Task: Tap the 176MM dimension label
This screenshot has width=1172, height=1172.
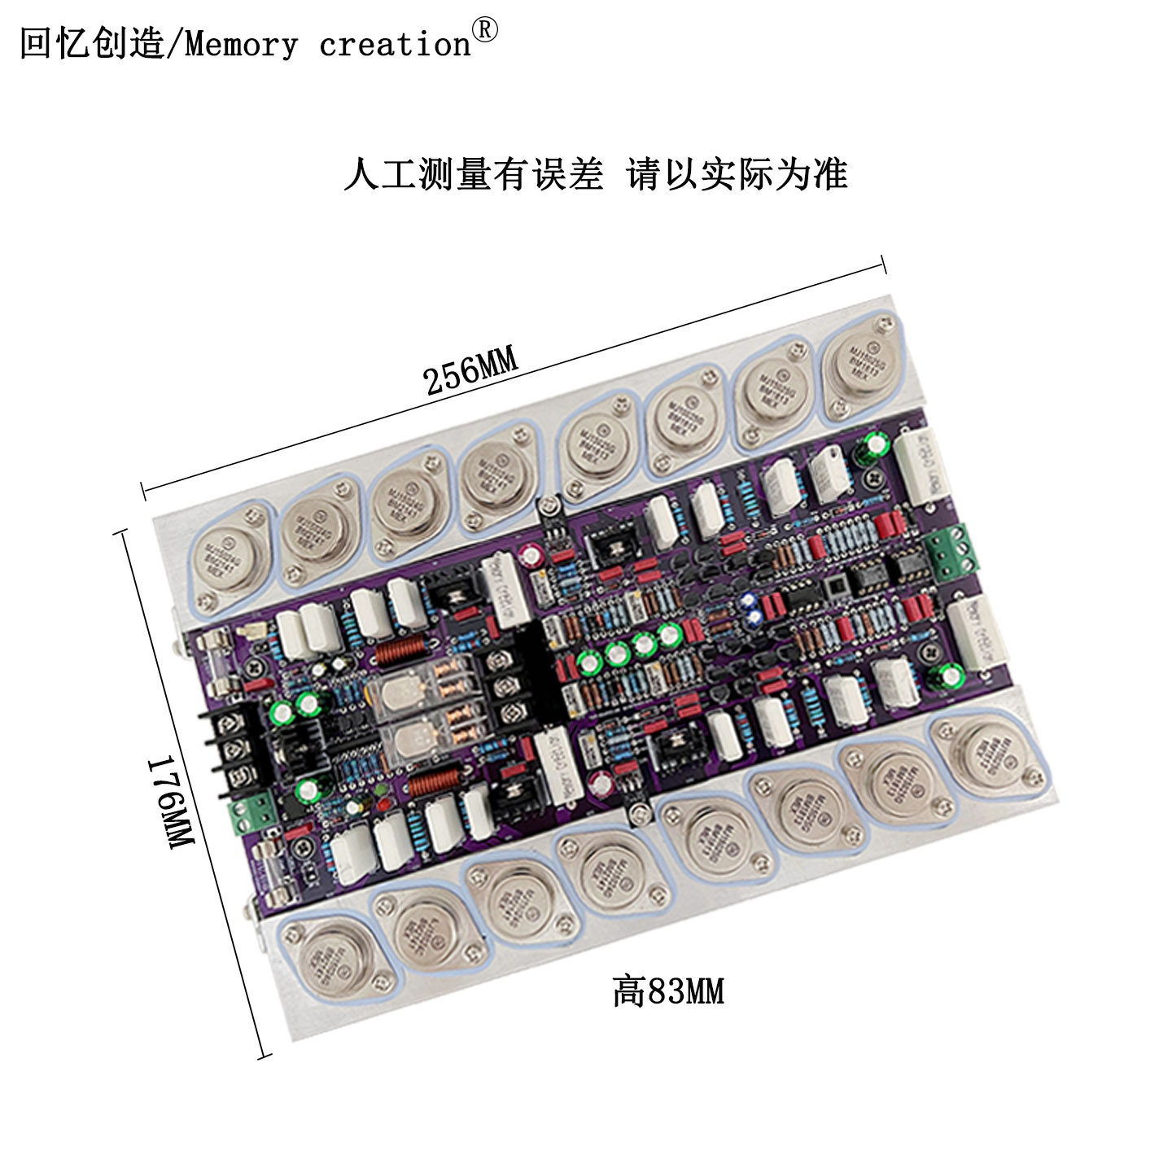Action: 170,802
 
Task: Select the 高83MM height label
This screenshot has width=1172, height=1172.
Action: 668,991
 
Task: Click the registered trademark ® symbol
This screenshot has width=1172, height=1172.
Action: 485,30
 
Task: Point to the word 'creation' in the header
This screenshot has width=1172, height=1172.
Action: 395,45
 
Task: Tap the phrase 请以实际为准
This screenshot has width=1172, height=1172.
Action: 737,173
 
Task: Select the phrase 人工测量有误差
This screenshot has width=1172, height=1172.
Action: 474,173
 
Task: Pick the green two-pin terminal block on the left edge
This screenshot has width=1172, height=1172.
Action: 251,814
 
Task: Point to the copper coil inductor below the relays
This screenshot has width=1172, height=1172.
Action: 432,783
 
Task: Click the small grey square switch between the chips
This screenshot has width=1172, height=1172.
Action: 833,588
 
